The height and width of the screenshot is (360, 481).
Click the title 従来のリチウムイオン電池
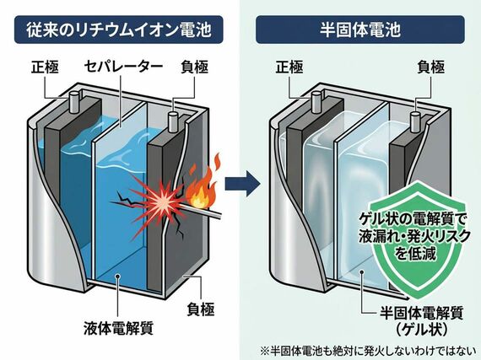point(118,30)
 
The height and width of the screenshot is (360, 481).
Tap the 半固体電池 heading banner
point(360,30)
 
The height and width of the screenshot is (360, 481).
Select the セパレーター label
point(123,67)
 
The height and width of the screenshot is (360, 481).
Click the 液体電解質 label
point(118,328)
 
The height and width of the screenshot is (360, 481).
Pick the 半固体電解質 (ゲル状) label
point(421,321)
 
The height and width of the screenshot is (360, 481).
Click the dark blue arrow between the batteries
point(243,184)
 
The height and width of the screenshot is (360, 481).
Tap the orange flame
point(203,184)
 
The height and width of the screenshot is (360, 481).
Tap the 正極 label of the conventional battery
point(45,67)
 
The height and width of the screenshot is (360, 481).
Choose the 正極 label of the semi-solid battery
point(289,67)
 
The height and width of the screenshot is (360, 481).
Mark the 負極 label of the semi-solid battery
point(431,67)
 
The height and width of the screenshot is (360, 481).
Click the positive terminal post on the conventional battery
point(73,102)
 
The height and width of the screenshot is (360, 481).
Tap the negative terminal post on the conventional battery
point(173,122)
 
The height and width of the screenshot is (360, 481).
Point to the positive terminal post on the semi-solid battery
point(316,102)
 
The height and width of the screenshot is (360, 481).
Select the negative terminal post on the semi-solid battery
point(415,122)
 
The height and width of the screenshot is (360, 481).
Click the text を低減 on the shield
point(415,253)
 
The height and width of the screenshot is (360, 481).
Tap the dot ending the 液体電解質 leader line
point(117,276)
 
